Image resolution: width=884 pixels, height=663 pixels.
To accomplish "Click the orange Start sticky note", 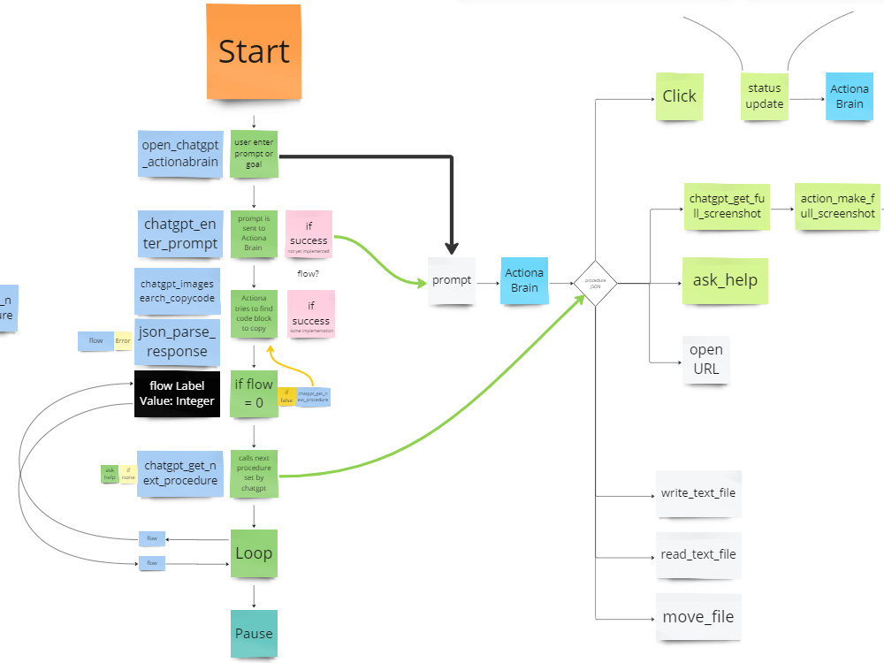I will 254,50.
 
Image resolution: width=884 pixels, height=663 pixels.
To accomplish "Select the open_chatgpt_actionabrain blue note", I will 179,154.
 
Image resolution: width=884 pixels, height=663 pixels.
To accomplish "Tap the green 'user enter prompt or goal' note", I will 254,153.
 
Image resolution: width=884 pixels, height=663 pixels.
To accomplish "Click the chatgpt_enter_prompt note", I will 179,234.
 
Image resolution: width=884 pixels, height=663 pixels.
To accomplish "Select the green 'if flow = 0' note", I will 253,392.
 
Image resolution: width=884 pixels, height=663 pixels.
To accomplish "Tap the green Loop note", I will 254,553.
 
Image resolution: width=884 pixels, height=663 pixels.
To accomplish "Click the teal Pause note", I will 254,633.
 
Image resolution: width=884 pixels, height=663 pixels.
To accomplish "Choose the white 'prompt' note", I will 452,281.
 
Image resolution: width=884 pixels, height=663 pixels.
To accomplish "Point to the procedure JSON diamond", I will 595,283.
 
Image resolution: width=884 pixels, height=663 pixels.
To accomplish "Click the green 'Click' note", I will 679,96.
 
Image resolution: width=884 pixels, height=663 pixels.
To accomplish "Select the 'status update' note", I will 764,96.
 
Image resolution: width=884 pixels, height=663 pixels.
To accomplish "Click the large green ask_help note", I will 725,281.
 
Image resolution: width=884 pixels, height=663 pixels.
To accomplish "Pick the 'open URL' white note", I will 705,359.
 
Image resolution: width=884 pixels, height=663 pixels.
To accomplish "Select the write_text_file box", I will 697,493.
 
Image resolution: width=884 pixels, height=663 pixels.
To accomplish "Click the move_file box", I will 697,617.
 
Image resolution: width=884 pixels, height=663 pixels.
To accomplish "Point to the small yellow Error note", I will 122,339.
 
